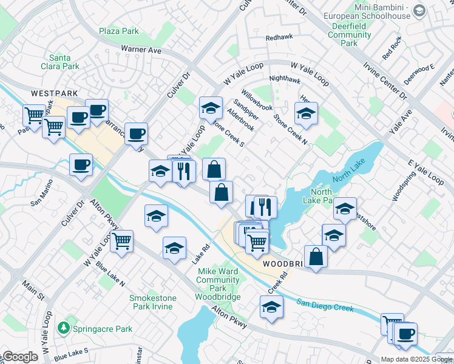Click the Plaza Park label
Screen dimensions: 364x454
pyautogui.click(x=119, y=31)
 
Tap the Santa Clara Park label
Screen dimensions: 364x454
pyautogui.click(x=64, y=62)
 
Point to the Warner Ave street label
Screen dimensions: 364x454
pyautogui.click(x=141, y=49)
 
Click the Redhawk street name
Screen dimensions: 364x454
pyautogui.click(x=279, y=37)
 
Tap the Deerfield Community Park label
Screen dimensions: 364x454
pyautogui.click(x=349, y=35)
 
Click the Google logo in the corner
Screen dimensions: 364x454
pyautogui.click(x=19, y=357)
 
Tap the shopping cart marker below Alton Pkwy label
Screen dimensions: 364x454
pyautogui.click(x=122, y=241)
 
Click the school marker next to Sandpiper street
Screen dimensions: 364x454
pyautogui.click(x=210, y=109)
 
